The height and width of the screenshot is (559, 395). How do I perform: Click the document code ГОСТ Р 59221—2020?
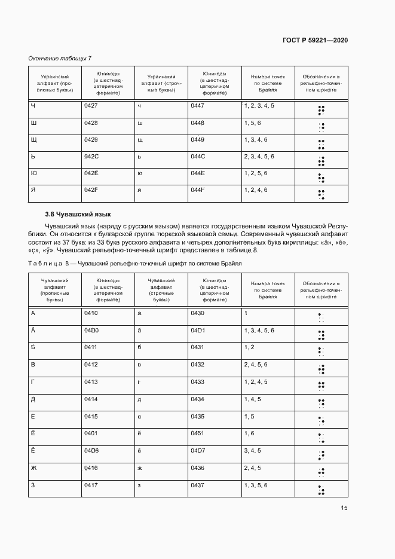(x=314, y=40)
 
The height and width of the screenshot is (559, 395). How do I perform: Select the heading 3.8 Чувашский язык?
(x=78, y=214)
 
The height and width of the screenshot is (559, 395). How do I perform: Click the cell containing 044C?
(x=197, y=156)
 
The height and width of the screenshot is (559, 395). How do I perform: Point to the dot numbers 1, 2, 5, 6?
(x=256, y=173)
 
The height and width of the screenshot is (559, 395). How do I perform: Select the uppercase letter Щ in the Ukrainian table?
(x=33, y=139)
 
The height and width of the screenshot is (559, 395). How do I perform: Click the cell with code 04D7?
(x=197, y=450)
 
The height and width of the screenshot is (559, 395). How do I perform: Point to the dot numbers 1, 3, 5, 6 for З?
(x=256, y=485)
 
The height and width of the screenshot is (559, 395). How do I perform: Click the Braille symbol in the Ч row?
(x=321, y=109)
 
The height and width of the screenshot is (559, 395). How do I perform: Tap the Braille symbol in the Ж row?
(x=321, y=472)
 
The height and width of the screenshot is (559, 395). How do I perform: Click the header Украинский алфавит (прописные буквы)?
(x=54, y=83)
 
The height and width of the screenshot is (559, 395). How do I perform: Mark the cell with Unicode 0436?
(x=197, y=468)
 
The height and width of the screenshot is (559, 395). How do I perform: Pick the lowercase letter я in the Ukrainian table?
(x=139, y=190)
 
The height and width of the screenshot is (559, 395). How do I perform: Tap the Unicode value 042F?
(x=91, y=190)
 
